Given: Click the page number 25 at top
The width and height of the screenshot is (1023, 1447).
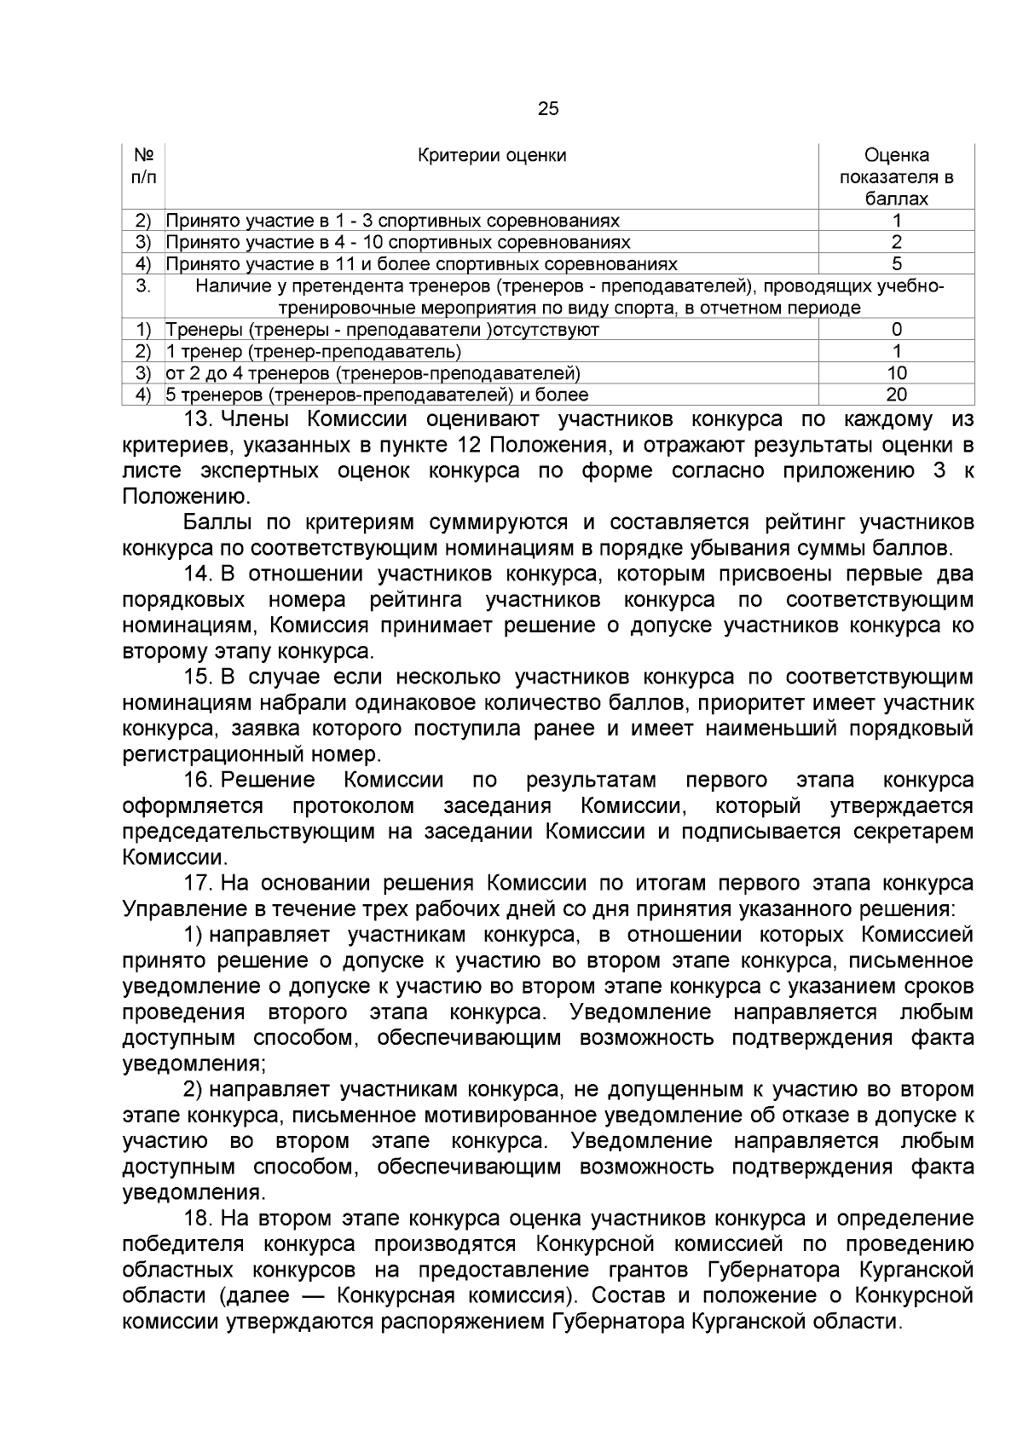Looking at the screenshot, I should (548, 108).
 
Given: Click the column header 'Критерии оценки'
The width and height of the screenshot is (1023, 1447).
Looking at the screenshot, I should (492, 155).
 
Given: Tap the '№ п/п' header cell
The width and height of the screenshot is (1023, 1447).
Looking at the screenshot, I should (143, 166).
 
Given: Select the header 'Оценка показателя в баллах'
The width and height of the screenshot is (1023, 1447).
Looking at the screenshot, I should (896, 177).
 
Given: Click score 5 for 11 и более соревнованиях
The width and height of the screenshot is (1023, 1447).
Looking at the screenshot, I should (896, 264).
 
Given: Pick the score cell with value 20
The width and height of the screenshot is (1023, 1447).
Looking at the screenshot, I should (896, 395).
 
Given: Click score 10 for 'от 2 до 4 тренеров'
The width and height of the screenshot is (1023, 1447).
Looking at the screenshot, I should (896, 372).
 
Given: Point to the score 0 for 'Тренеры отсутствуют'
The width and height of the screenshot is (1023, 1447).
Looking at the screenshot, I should (896, 330).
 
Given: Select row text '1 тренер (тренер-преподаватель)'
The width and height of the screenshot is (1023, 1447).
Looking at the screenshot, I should (313, 351).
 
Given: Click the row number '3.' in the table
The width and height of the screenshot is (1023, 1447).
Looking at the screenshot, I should (143, 286).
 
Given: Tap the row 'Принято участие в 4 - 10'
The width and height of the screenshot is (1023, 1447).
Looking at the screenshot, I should (398, 243).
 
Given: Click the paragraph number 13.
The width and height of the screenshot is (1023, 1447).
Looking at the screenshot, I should (197, 419).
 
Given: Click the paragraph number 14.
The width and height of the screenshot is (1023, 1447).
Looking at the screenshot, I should (197, 574).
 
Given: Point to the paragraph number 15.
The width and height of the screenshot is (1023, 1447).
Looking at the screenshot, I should (197, 677).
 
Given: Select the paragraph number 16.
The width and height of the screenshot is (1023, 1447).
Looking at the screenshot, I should (197, 781).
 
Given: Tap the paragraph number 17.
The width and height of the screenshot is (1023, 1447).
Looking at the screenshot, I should (197, 884).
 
